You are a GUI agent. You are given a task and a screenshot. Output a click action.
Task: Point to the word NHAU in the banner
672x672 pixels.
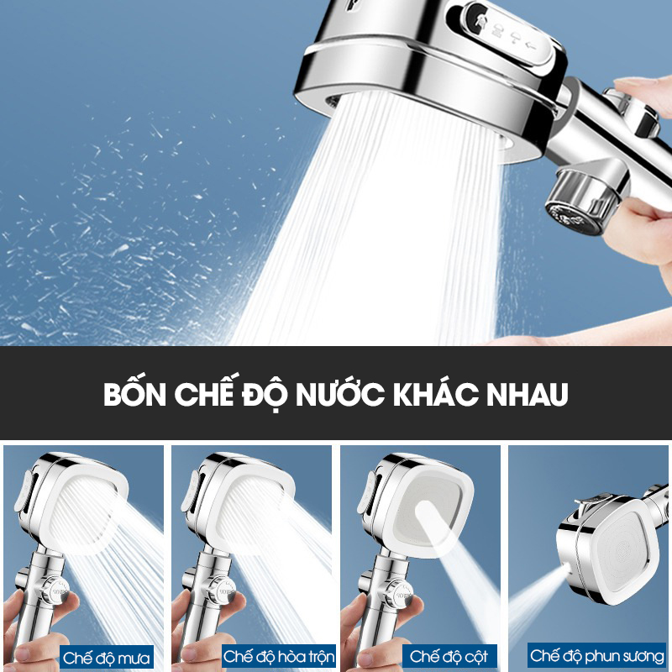coord(528,394)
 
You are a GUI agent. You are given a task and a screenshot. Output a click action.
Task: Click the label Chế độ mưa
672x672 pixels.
coord(107,658)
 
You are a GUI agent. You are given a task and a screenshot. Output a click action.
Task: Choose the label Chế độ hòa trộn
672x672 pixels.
coord(279,656)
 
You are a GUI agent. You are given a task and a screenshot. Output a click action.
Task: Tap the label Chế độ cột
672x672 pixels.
coord(449,656)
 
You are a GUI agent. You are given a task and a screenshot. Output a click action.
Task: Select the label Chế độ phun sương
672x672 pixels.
coord(597,656)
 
